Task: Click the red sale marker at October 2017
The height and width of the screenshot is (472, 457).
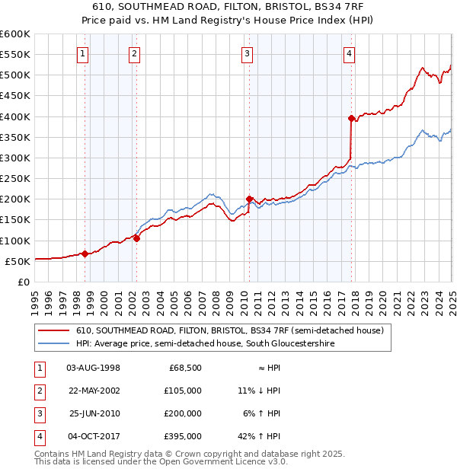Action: pyautogui.click(x=351, y=118)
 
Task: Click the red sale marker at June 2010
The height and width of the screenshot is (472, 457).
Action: pyautogui.click(x=249, y=199)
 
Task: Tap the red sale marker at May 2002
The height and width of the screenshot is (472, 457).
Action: pyautogui.click(x=136, y=238)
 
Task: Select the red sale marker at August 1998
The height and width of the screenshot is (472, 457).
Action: pyautogui.click(x=85, y=254)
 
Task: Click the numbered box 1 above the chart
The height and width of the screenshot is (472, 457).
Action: pyautogui.click(x=81, y=53)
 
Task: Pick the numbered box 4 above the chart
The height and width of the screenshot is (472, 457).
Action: pyautogui.click(x=348, y=53)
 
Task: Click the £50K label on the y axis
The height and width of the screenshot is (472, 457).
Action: pyautogui.click(x=18, y=261)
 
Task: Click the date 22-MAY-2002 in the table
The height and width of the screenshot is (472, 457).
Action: pyautogui.click(x=94, y=391)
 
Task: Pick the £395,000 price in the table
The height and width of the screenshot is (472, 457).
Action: pyautogui.click(x=184, y=436)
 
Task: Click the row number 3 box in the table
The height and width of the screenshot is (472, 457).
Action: pyautogui.click(x=39, y=413)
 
